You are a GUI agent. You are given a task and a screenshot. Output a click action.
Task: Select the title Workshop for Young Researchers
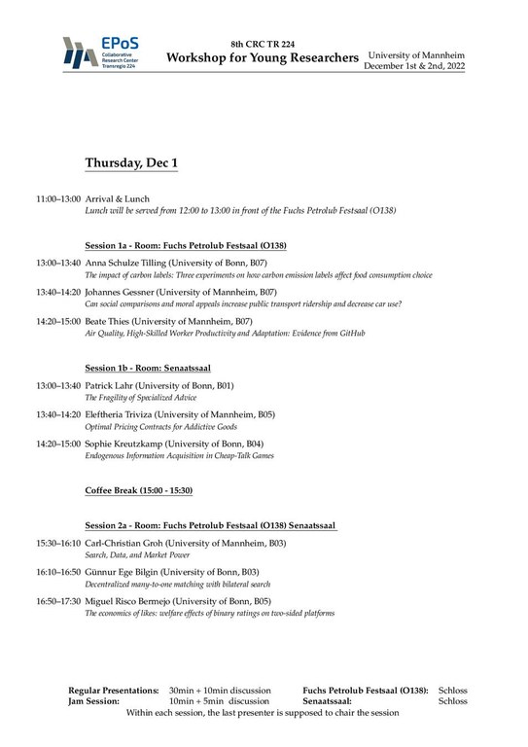[x=262, y=58]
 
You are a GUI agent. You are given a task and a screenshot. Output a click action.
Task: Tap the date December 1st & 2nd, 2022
[x=416, y=66]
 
